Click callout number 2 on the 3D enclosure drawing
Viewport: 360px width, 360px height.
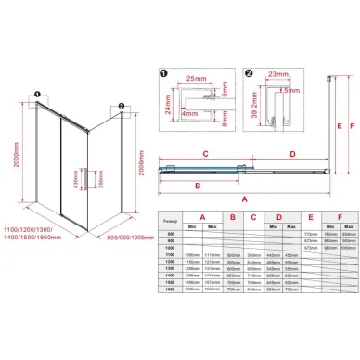click(122, 106)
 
